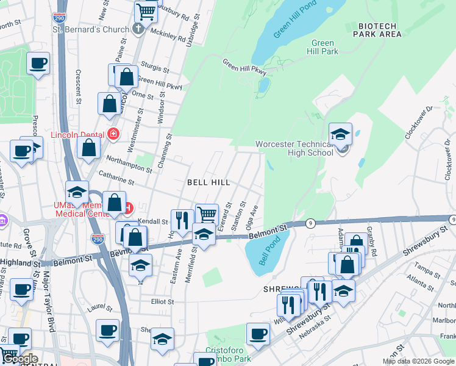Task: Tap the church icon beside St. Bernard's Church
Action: (x=138, y=29)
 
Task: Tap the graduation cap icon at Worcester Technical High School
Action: (x=341, y=134)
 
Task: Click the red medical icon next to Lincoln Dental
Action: (x=113, y=133)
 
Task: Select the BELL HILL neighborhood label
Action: (x=208, y=182)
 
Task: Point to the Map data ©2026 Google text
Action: (x=418, y=361)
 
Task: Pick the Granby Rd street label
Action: (x=373, y=243)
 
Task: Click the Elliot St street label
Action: (x=163, y=301)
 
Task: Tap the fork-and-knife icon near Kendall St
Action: (x=182, y=220)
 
